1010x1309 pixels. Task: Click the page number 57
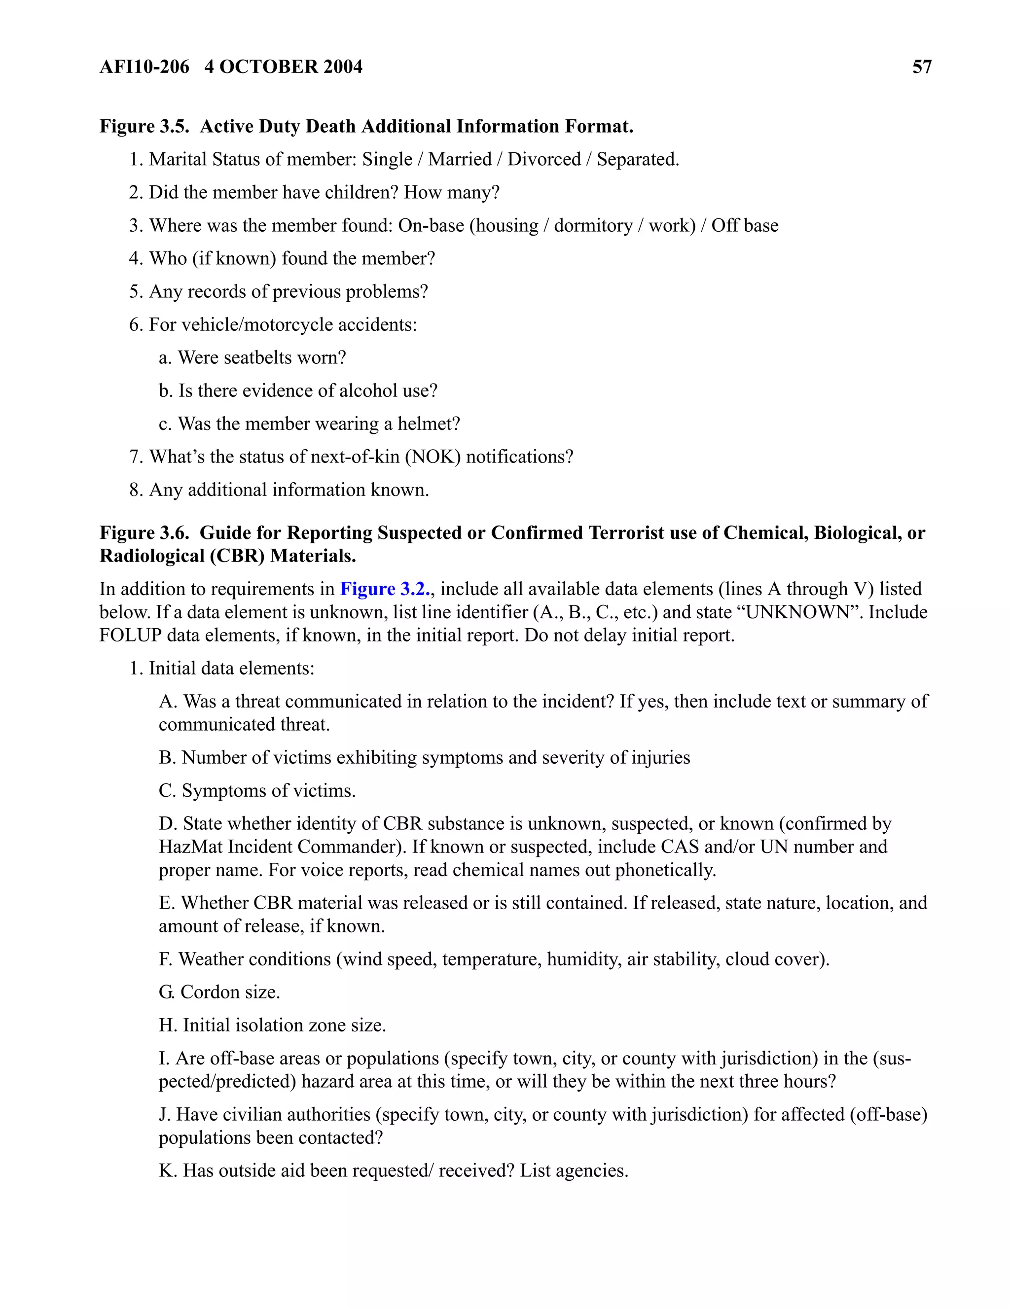[x=921, y=67]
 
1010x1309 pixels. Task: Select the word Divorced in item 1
[x=543, y=159]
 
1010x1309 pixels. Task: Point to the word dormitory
[x=593, y=225]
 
